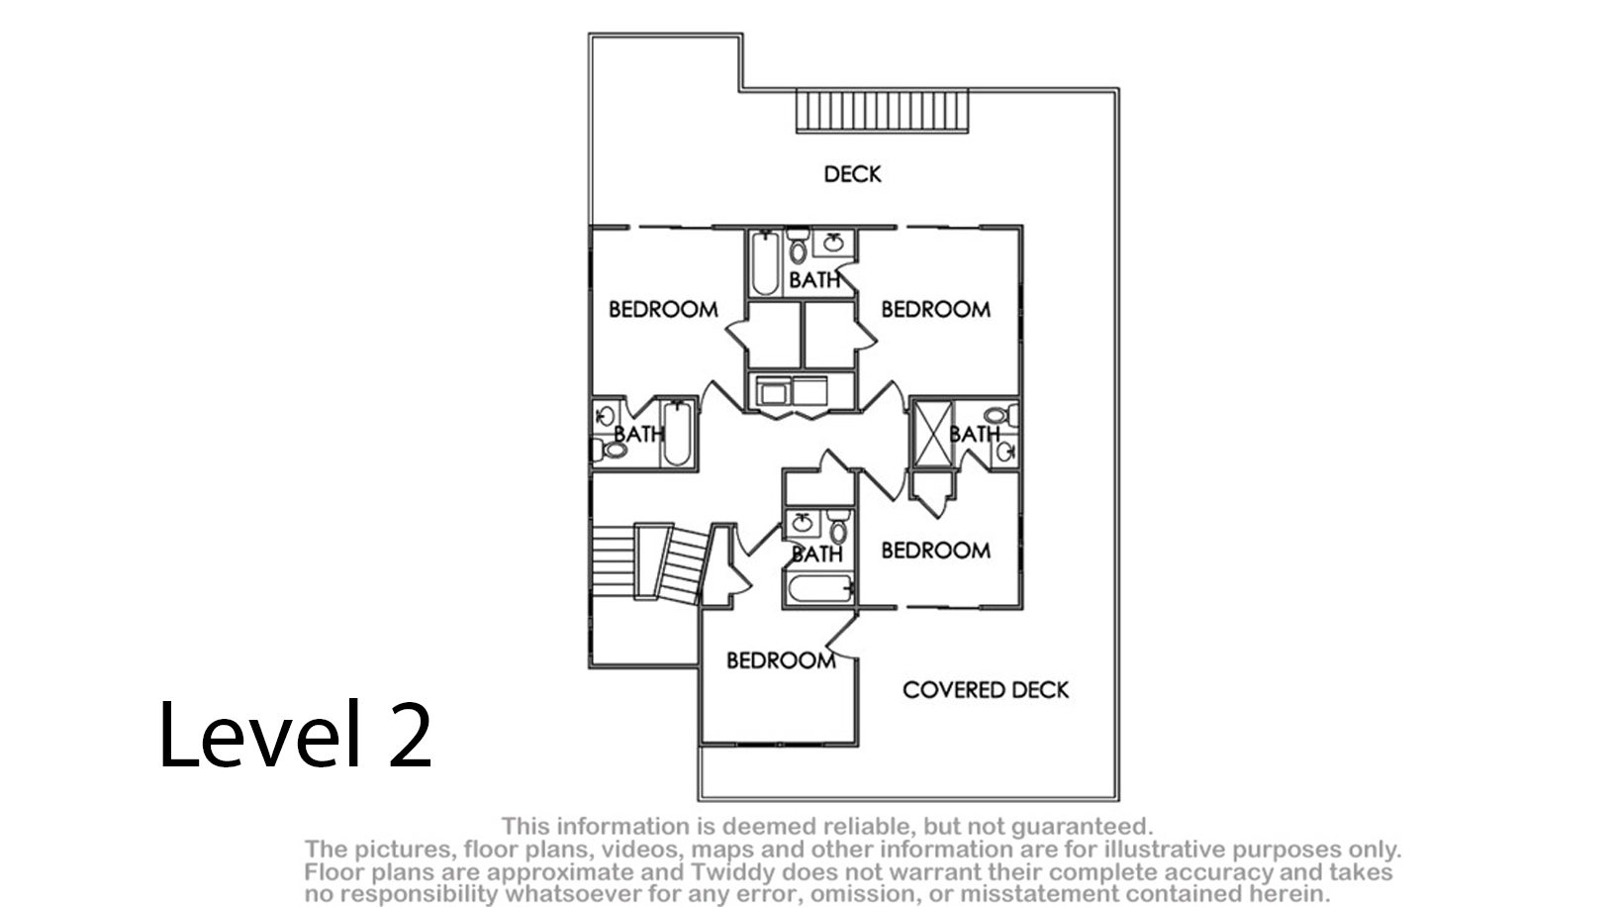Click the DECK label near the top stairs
point(852,174)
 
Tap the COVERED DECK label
point(986,690)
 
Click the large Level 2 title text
point(296,734)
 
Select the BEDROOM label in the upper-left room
point(663,310)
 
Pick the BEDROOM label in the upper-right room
point(936,310)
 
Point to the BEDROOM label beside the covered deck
point(781,660)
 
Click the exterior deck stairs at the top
point(882,111)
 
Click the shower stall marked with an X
point(933,435)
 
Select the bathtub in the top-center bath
point(765,262)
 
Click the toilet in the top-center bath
point(798,246)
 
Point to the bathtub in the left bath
point(677,433)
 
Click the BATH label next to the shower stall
point(975,435)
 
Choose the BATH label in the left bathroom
point(639,435)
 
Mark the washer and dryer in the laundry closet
point(792,391)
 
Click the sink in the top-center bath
point(833,243)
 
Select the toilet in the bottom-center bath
point(838,527)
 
